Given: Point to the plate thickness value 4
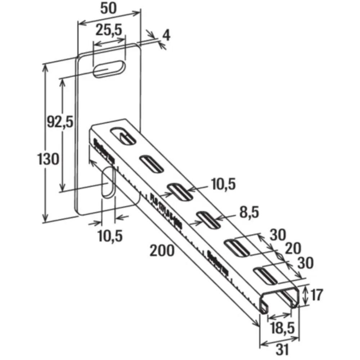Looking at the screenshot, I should coord(166,35).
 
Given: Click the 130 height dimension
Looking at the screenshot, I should coord(48,158).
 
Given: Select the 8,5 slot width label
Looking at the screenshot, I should coord(248,212).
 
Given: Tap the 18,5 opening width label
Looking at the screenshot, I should coord(282,328).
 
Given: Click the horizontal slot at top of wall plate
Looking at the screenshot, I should coord(109,69).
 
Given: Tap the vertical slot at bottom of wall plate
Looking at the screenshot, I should coord(108,182).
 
